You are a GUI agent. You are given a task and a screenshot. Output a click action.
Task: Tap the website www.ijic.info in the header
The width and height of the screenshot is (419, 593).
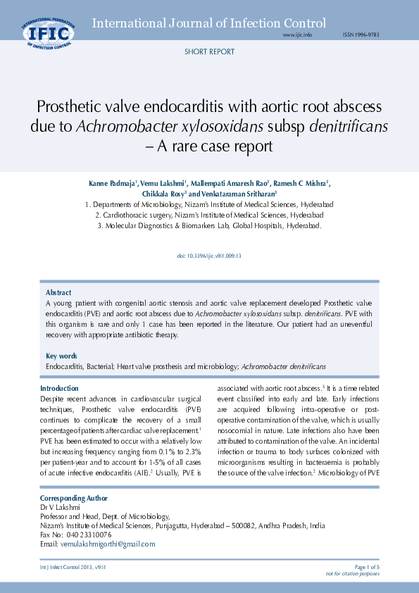coord(297,35)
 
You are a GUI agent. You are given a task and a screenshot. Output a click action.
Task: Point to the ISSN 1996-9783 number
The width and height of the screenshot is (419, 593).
coord(361,35)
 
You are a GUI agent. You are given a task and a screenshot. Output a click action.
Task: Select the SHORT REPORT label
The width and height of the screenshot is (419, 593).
coord(209,52)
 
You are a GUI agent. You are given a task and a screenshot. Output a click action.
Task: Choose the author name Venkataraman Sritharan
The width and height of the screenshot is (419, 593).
coord(240,194)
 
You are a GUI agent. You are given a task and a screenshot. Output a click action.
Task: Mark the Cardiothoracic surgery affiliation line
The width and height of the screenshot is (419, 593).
coord(209,215)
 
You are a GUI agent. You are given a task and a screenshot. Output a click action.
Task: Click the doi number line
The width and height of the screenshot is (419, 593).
coord(209,256)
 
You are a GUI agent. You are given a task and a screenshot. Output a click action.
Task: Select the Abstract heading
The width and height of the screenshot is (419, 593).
coord(58,292)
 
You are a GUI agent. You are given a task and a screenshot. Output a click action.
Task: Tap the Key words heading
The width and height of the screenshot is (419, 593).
coord(61,356)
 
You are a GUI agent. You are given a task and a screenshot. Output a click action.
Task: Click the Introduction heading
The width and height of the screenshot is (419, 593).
coord(59,388)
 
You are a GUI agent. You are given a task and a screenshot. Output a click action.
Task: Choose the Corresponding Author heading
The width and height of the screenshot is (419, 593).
coord(74,498)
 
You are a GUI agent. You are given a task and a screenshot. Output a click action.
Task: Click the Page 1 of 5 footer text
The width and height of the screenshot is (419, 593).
coord(367,567)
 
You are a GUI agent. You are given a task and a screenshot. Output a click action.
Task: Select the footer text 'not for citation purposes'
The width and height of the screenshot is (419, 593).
coord(352,574)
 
